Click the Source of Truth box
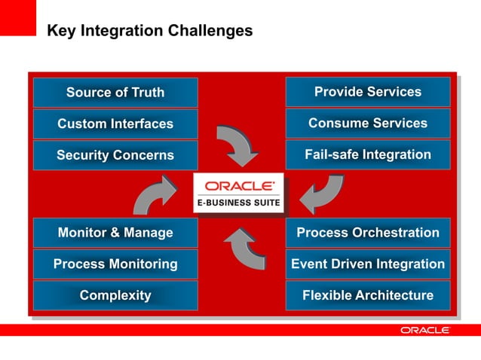coord(115,93)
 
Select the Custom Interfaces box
coord(115,124)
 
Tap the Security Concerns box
coord(115,155)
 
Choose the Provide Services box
coord(368,92)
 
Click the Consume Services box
coord(368,123)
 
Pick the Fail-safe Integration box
coord(368,154)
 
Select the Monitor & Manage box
coord(115,233)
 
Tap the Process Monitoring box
coord(115,264)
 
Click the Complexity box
coord(115,295)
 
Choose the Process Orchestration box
coord(368,233)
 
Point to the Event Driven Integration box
coord(368,264)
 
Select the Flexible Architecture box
coord(368,295)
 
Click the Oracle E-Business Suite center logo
coord(238,193)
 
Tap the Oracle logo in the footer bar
coord(425,330)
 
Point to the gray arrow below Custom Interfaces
coord(236,145)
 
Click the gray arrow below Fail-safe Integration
coord(322,194)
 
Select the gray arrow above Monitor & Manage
coord(155,194)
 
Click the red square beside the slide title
coord(17,17)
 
